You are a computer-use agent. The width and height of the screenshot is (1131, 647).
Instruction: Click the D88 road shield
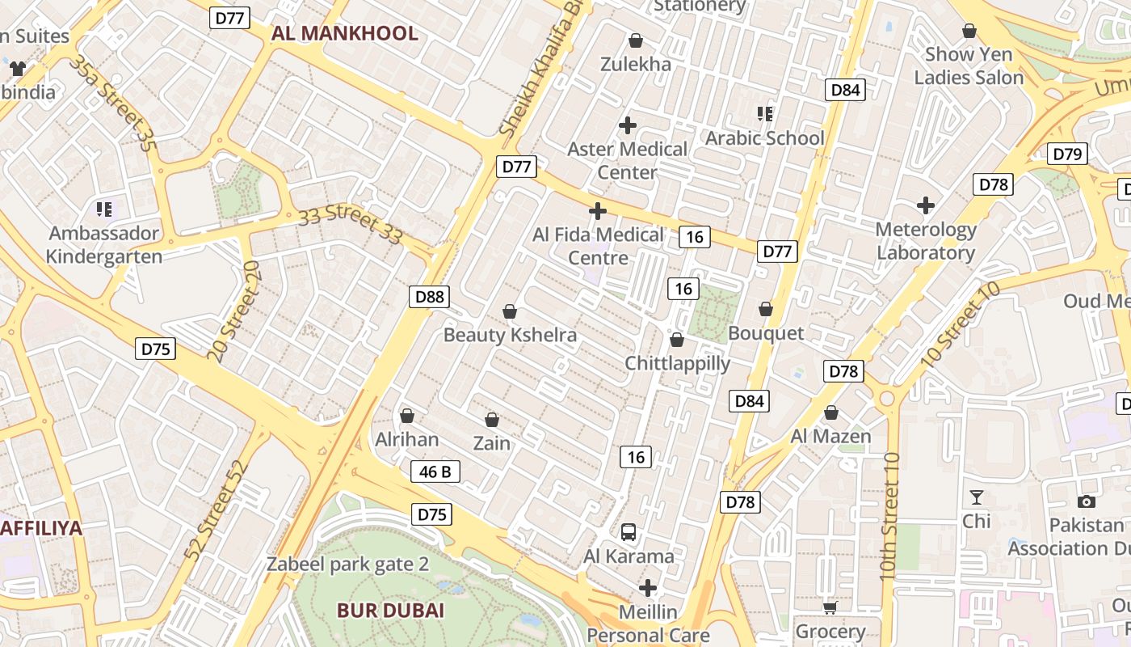[429, 297]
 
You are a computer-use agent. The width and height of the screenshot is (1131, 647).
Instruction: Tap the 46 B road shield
[435, 472]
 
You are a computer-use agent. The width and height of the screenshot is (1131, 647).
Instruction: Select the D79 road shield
[1067, 154]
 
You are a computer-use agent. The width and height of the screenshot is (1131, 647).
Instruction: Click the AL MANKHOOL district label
[345, 33]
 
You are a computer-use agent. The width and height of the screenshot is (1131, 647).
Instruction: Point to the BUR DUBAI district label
[390, 610]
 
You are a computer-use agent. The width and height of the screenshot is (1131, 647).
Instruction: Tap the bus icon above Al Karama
[629, 532]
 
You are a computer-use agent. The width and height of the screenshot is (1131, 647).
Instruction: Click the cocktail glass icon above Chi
[977, 497]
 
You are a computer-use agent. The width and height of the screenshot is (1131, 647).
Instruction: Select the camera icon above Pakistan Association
[1087, 501]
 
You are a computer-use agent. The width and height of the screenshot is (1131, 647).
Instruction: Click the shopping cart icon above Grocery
[830, 607]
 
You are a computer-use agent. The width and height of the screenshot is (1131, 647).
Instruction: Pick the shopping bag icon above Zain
[491, 420]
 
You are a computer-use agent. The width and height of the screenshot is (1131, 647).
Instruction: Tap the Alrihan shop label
[407, 439]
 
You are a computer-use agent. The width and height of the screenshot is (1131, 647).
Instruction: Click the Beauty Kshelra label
[510, 335]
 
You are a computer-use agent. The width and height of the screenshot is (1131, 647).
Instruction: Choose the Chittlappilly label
[677, 363]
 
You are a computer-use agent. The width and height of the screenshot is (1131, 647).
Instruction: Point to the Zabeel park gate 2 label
[347, 565]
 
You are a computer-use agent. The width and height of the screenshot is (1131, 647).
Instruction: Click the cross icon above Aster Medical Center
[627, 125]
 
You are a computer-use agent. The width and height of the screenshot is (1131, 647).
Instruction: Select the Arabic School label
[764, 138]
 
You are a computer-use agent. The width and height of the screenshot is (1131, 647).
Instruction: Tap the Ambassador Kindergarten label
[103, 245]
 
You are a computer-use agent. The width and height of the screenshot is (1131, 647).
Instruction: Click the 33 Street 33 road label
[350, 226]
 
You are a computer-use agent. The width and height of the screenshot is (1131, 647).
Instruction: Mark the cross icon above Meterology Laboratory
[926, 205]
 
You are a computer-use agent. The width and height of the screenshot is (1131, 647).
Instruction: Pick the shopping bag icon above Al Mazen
[830, 413]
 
